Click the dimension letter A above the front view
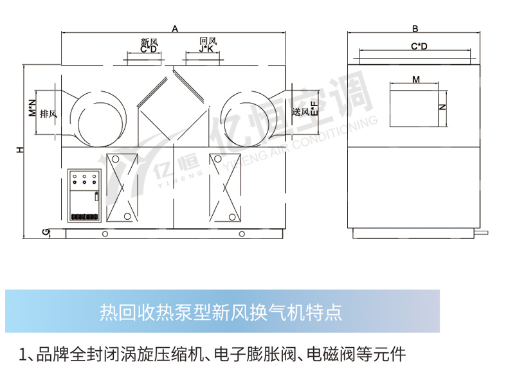tap(175, 28)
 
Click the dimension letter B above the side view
tap(415, 28)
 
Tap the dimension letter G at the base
tap(44, 231)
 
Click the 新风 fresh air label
tap(149, 42)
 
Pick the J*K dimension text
tap(207, 49)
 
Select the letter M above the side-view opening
tap(416, 80)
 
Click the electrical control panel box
tap(84, 197)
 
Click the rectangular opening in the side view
tap(414, 107)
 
